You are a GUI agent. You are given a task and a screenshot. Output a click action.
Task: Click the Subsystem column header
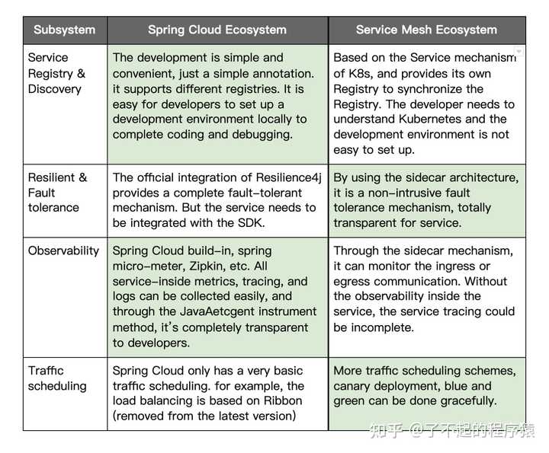64,30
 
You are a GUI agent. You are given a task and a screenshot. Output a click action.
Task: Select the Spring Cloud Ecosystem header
217,30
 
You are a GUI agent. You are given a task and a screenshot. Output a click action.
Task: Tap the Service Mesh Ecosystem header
426,30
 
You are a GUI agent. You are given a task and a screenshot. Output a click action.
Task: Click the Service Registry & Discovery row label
56,73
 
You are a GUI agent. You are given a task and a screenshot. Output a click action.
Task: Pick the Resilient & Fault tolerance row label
57,193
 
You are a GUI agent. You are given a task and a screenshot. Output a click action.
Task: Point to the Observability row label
63,250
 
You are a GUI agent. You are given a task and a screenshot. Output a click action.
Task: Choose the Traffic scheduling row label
57,378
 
